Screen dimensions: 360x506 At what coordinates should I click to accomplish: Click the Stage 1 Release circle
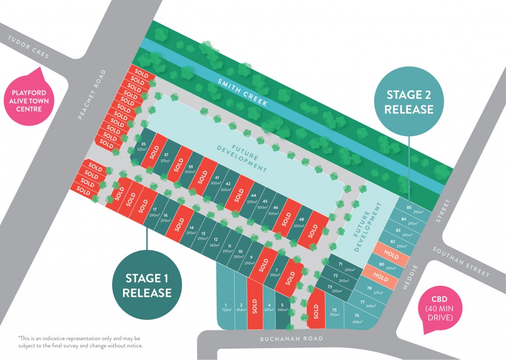pyautogui.click(x=147, y=285)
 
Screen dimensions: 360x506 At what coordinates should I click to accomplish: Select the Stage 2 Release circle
pyautogui.click(x=410, y=102)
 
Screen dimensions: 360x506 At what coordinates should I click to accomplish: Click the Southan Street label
pyautogui.click(x=461, y=262)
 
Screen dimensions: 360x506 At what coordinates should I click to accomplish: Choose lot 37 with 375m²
pyautogui.click(x=166, y=157)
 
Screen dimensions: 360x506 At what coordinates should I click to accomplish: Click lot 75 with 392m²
pyautogui.click(x=334, y=312)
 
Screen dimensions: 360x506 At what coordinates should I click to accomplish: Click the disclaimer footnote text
pyautogui.click(x=80, y=341)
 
